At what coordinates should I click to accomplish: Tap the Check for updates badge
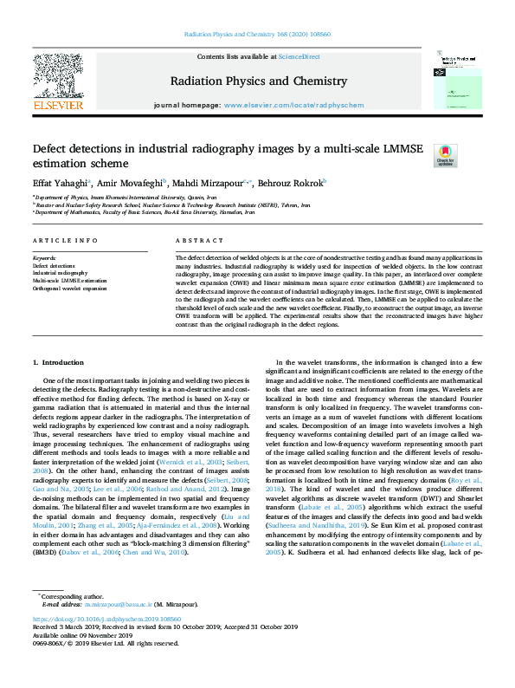click(444, 156)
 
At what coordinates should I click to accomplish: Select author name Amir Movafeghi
click(125, 184)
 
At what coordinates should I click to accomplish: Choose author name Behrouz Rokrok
click(293, 184)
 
